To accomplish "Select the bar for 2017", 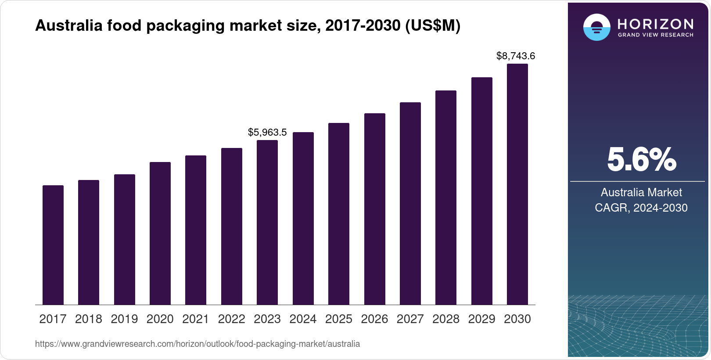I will click(53, 245).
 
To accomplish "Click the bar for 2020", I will click(160, 234).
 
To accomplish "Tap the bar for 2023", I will click(267, 223).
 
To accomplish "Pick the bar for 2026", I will click(375, 209).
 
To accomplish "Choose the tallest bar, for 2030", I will click(517, 184).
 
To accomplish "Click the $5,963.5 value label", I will click(267, 132).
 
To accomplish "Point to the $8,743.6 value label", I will click(516, 56).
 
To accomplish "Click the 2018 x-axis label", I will click(89, 319).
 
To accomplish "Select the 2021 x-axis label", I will click(196, 319).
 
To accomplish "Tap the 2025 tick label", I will click(339, 319).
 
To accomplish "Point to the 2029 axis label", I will click(481, 319).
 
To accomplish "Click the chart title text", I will click(248, 26).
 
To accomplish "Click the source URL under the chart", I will click(197, 344).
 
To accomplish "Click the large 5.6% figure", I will click(642, 160).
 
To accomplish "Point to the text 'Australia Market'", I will click(641, 192).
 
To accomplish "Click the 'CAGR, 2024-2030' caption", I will click(641, 208).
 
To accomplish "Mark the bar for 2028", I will click(446, 198).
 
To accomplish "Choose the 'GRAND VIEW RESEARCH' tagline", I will click(655, 35).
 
